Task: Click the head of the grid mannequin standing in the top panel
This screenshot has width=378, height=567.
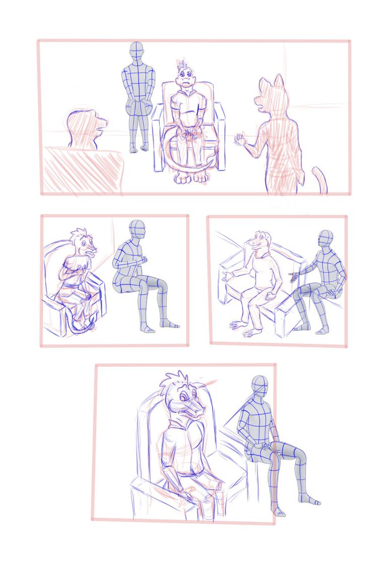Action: [137, 51]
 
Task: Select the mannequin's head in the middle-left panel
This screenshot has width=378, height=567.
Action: [137, 231]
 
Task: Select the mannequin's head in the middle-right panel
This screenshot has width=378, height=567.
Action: [326, 238]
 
